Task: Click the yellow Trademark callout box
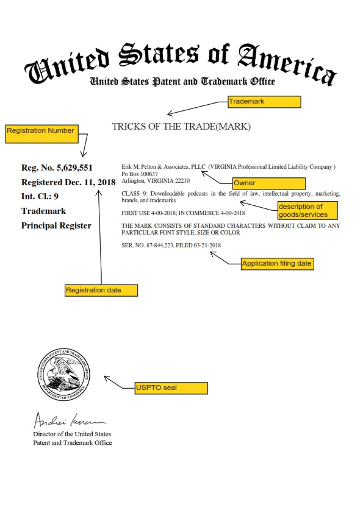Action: (x=264, y=102)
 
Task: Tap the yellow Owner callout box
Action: (x=268, y=183)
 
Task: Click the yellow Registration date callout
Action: (x=101, y=290)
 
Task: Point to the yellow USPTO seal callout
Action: (x=171, y=387)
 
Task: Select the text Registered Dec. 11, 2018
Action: (x=68, y=182)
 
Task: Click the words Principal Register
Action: (x=56, y=225)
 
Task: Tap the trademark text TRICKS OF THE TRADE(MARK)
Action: (x=181, y=127)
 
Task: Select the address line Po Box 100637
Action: (x=140, y=174)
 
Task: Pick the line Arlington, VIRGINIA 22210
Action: (x=156, y=181)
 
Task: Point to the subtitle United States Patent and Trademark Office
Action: (x=182, y=82)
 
